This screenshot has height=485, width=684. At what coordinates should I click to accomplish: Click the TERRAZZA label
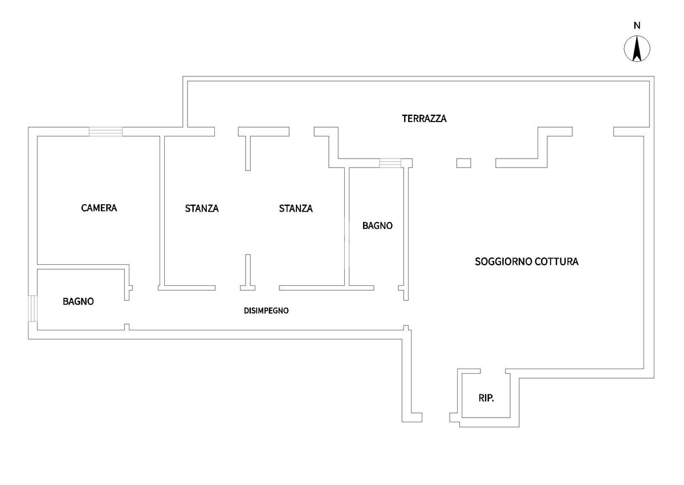(424, 119)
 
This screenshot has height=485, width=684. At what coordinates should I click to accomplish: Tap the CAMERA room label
(99, 208)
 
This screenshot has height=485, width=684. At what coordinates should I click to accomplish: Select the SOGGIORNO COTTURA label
(527, 262)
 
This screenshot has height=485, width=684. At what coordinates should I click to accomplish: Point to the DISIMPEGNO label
(266, 311)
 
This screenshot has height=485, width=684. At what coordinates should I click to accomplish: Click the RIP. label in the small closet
(486, 398)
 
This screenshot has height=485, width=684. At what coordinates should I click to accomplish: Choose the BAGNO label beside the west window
(78, 301)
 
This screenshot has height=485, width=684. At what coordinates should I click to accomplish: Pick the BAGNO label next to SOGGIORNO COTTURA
(377, 225)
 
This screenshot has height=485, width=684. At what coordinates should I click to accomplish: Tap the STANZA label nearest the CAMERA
(202, 208)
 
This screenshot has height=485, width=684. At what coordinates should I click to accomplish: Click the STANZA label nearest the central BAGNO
(296, 208)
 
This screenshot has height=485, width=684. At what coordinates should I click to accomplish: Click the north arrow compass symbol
(637, 48)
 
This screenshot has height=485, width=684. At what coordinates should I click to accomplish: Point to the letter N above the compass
(637, 25)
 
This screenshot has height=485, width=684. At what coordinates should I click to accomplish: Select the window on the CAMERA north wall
(105, 132)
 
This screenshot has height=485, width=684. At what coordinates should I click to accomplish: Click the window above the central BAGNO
(390, 163)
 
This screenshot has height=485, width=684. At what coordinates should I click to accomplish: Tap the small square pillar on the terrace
(463, 163)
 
